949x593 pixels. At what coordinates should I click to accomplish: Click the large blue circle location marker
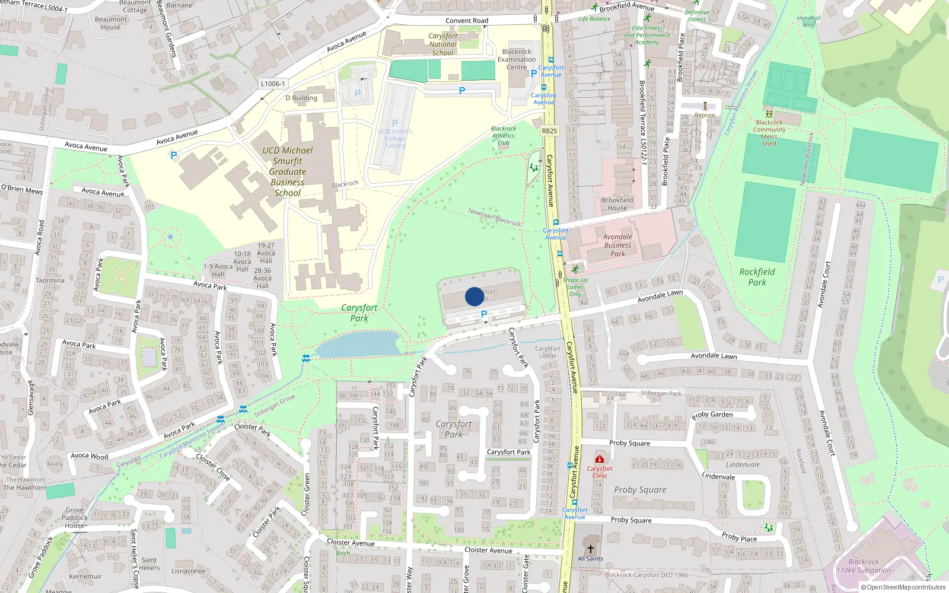474,296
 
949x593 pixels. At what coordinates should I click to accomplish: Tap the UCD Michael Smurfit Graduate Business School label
288,171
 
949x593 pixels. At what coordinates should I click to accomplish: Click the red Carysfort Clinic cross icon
600,459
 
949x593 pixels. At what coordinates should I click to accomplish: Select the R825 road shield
549,131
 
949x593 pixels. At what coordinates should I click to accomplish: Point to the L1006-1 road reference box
273,84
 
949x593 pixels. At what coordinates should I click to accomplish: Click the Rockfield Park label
757,277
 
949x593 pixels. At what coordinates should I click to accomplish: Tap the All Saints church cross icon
590,549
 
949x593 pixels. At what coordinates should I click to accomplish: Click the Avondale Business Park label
617,245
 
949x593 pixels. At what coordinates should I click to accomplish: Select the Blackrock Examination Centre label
517,59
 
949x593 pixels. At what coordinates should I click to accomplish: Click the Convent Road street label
467,21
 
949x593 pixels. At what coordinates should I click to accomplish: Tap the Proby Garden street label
712,415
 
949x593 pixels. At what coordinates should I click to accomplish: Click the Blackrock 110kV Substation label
863,566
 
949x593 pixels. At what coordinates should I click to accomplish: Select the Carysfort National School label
443,44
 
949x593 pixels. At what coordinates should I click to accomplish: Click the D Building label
301,98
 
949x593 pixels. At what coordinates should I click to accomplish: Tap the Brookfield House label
617,204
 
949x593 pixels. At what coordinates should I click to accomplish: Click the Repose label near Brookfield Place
705,116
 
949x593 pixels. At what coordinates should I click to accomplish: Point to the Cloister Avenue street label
351,542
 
